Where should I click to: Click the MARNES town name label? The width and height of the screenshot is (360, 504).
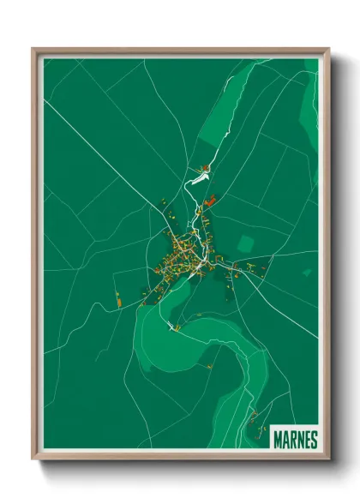tap(296, 440)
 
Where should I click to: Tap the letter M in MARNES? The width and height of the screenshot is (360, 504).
tap(278, 440)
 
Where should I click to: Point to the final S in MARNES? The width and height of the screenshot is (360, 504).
tap(314, 440)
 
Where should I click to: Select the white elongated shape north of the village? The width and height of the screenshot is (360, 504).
tap(197, 179)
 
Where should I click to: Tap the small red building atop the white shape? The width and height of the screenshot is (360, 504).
tap(205, 167)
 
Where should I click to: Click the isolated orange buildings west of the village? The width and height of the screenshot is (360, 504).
tap(118, 299)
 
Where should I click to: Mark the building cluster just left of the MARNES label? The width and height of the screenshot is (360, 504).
tap(255, 421)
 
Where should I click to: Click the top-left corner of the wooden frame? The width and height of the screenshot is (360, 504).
tap(34, 50)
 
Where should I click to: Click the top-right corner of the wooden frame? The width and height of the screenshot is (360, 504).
tap(328, 50)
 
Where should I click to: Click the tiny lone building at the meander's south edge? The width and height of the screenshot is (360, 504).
tap(209, 367)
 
